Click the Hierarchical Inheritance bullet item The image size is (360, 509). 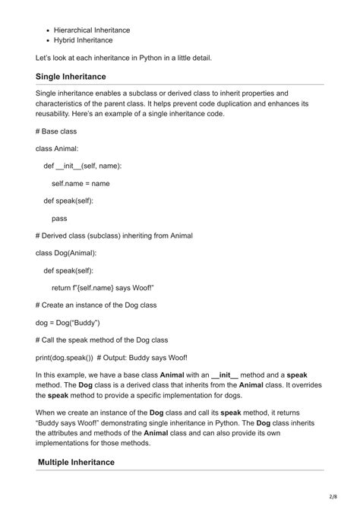92,30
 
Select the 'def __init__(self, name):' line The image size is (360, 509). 83,166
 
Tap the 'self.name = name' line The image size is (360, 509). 81,183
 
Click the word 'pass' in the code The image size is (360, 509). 59,218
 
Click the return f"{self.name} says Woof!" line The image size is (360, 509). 103,287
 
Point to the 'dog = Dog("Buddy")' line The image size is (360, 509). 68,322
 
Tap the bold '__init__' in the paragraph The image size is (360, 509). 225,375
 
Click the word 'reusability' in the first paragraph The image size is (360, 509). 56,114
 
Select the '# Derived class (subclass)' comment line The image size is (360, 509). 114,236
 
